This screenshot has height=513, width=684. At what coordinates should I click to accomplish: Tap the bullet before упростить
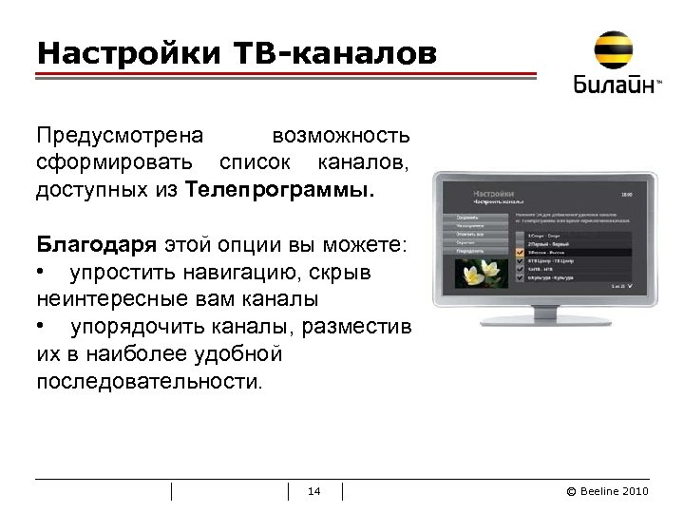pyautogui.click(x=43, y=273)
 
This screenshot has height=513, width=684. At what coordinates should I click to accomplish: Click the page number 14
pyautogui.click(x=315, y=491)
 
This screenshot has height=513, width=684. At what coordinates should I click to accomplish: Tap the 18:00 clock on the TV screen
pyautogui.click(x=623, y=194)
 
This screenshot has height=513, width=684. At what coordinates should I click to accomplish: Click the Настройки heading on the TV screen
pyautogui.click(x=493, y=193)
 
